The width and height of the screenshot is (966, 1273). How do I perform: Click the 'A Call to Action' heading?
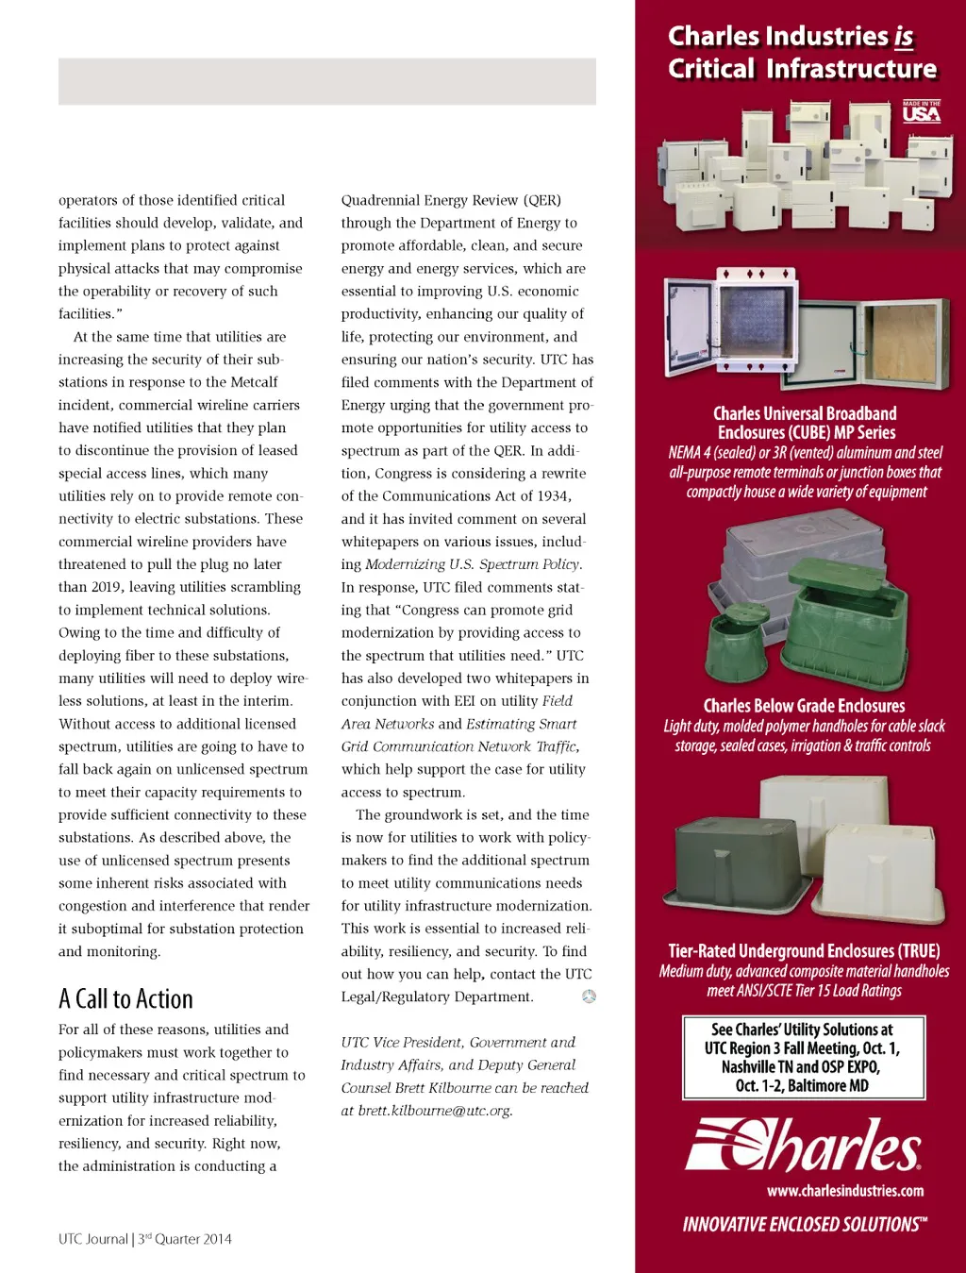point(125,998)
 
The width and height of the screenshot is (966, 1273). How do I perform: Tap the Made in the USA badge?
point(921,112)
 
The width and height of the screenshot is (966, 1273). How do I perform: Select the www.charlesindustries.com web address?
point(845,1191)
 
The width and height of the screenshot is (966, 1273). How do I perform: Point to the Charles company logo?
point(803,1145)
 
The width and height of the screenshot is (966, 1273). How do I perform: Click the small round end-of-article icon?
point(589,997)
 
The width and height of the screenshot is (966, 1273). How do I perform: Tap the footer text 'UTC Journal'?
point(93,1239)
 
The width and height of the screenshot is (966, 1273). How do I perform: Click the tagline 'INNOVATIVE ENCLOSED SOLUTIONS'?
point(805,1225)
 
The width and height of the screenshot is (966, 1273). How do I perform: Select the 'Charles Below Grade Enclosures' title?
point(804,706)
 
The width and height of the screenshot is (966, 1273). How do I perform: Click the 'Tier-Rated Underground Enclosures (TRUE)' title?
point(804,951)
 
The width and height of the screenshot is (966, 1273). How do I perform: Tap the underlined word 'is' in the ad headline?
point(903,37)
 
